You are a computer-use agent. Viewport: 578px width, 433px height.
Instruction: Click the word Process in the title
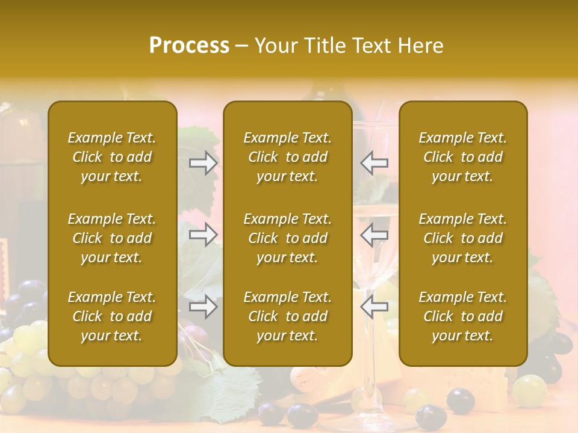[x=189, y=45]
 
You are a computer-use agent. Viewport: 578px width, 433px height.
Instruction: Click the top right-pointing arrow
[x=204, y=163]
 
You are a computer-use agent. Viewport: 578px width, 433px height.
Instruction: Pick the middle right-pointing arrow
[x=204, y=235]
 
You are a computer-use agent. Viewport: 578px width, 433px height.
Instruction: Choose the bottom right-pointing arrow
[x=204, y=307]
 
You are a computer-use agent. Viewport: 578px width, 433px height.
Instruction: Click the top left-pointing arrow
[x=374, y=163]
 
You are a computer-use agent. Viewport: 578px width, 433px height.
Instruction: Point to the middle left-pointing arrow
[x=374, y=235]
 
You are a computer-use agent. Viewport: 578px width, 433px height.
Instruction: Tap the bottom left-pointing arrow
[x=374, y=307]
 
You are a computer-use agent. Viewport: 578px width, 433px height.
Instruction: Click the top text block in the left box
[x=112, y=157]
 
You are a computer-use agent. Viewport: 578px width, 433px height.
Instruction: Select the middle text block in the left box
[x=112, y=238]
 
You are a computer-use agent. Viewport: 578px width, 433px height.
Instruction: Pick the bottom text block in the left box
[x=112, y=316]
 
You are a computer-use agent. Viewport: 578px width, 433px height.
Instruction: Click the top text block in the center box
[x=288, y=157]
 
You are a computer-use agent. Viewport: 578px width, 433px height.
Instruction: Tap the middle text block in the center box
[x=288, y=238]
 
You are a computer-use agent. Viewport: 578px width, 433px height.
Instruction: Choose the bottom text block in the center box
[x=288, y=316]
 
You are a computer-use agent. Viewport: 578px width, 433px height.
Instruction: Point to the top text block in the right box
[x=463, y=157]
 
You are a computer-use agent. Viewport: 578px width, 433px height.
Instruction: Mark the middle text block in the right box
[x=463, y=238]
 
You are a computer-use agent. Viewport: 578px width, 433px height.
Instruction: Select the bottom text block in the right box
[x=463, y=316]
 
